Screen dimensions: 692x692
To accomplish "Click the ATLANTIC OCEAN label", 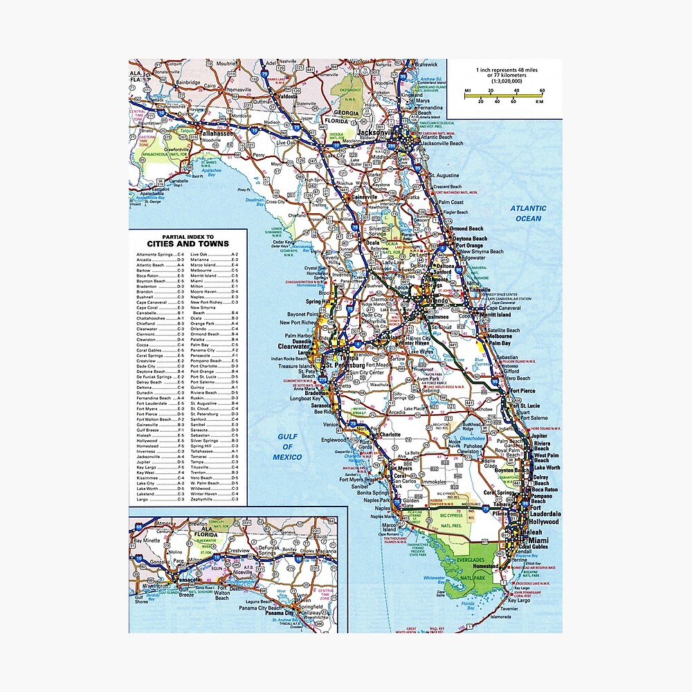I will pos(529,213).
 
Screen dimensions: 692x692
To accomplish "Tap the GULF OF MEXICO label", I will pos(287,447).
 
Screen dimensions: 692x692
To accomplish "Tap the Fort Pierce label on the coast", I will pos(522,391).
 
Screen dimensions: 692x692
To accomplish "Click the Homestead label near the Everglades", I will pos(484,566).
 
